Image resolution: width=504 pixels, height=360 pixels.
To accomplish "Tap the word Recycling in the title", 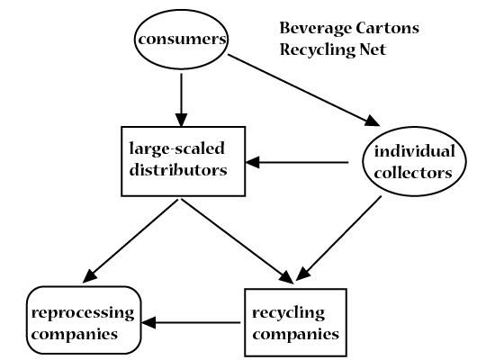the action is (317, 50).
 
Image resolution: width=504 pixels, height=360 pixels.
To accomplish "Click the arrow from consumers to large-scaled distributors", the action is (181, 100).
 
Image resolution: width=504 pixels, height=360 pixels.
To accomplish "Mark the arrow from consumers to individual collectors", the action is (304, 90).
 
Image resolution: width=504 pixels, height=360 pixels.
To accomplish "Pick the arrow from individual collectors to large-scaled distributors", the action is (297, 162).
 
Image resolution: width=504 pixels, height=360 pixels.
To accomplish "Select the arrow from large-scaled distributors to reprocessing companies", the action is (130, 241).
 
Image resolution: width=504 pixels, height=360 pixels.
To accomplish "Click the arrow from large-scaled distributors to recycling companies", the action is (238, 241).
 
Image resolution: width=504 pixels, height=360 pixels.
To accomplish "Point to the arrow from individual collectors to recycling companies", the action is (338, 238).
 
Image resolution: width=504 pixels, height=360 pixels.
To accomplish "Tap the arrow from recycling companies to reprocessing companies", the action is (191, 322).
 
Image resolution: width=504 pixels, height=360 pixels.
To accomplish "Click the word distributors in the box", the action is (178, 170).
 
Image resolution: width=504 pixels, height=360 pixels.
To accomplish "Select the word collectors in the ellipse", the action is (413, 173).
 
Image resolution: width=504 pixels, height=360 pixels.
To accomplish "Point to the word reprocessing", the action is (83, 313).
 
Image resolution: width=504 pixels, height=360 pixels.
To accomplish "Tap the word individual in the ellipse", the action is (415, 151).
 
